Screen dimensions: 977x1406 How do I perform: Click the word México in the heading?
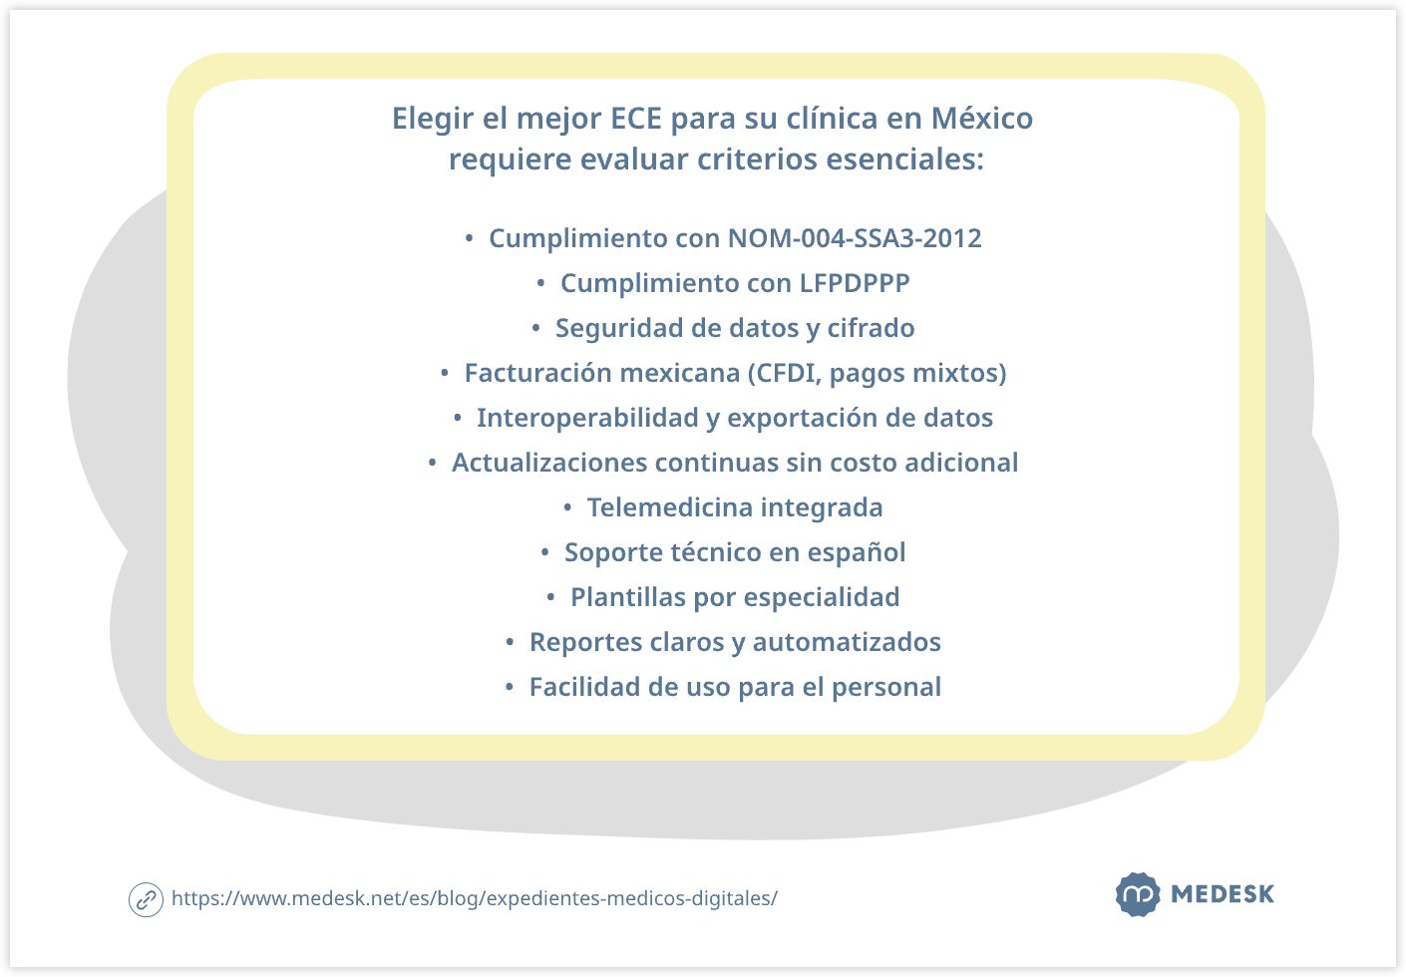pos(981,119)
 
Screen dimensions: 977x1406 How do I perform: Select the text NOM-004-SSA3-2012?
pos(855,238)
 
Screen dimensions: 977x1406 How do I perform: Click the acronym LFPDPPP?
pos(855,283)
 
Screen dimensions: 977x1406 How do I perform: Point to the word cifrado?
pos(871,328)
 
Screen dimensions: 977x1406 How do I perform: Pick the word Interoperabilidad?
pos(588,418)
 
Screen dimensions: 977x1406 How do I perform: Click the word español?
pos(857,552)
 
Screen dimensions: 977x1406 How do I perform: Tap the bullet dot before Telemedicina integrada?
pos(567,508)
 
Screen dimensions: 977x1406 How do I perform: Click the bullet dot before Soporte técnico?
pos(545,553)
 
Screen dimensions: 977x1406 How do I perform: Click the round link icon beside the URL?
pos(146,899)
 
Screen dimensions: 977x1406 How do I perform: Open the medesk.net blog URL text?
pos(475,898)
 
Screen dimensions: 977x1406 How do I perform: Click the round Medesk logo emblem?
pos(1137,894)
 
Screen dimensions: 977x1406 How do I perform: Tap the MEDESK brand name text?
pos(1223,894)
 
